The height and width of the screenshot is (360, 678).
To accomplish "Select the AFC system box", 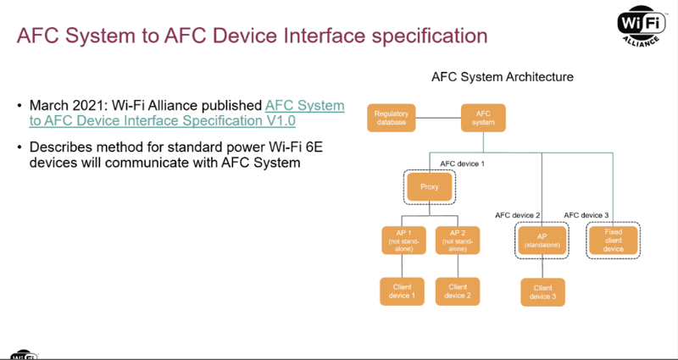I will point(483,119).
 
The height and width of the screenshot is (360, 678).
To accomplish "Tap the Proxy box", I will point(430,186).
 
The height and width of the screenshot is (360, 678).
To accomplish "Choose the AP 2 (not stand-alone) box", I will point(458,240).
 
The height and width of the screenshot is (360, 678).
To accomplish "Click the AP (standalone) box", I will point(542,240).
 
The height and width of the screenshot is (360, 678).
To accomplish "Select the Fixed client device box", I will point(614,240).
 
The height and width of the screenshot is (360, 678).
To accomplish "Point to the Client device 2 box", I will point(458,291).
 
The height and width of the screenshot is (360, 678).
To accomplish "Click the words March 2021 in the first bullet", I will point(58,105).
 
